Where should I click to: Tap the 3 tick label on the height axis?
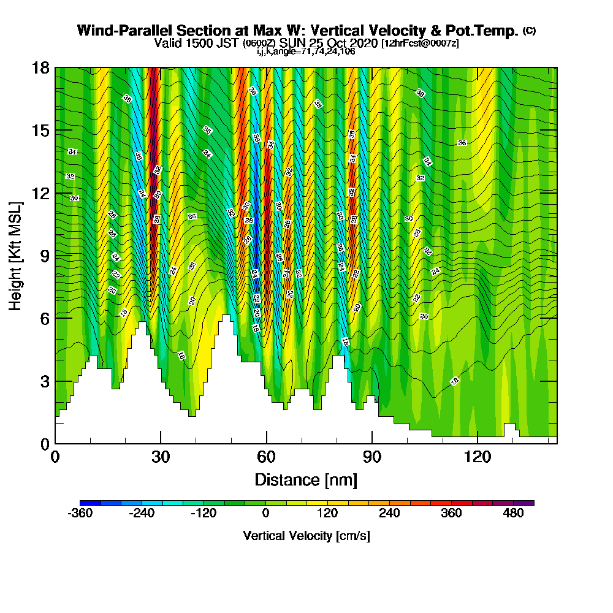coord(44,381)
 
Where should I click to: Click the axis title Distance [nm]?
coord(306,479)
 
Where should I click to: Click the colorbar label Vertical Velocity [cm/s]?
coord(306,536)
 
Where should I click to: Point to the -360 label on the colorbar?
coord(80,514)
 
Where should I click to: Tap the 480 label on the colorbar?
coord(514,514)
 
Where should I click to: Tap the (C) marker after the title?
coord(529,31)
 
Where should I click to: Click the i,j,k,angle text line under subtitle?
coord(306,51)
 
